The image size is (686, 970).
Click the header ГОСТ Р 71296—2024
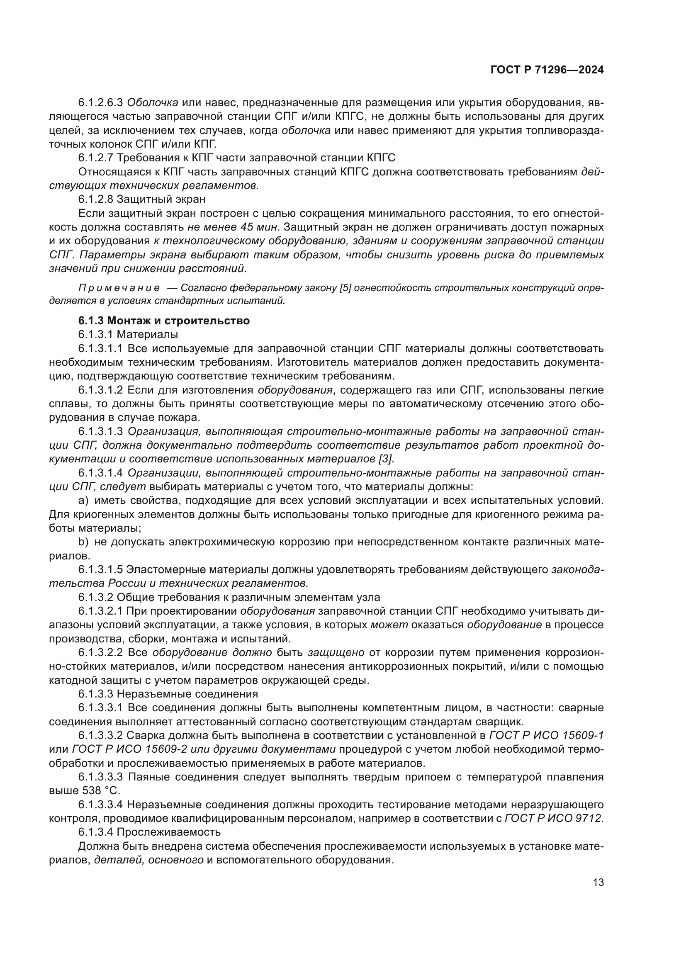pos(547,70)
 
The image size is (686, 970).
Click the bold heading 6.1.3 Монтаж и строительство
pos(164,321)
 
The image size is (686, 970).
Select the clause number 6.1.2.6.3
pos(100,103)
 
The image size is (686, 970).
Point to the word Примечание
pos(119,288)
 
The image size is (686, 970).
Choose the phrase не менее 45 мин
pos(233,227)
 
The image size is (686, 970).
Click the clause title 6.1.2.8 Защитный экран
pos(141,199)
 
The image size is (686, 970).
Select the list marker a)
pos(83,501)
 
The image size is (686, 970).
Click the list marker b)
pos(83,542)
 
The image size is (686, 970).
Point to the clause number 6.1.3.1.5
pos(100,570)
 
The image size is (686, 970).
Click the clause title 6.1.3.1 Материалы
pos(128,335)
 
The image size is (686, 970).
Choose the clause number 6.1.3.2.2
pos(100,653)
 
